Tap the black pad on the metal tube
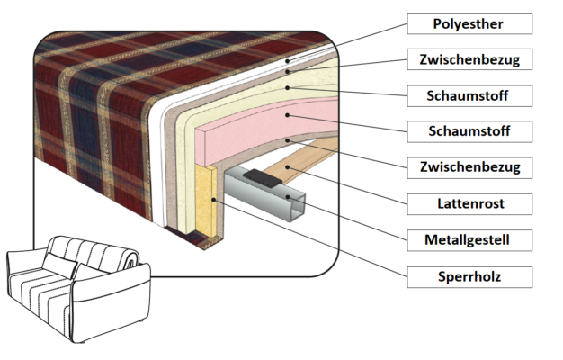click(x=262, y=176)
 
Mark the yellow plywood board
click(x=204, y=202)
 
